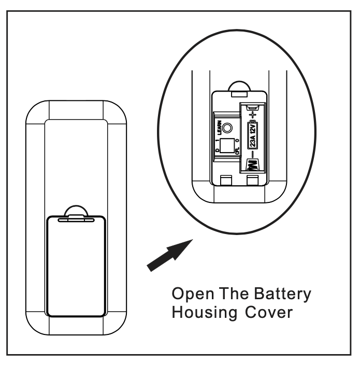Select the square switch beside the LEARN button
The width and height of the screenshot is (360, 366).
(226, 145)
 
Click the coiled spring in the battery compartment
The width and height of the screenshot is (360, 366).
(252, 166)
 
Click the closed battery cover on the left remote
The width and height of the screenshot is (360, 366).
(76, 266)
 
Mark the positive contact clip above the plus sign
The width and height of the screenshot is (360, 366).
(252, 107)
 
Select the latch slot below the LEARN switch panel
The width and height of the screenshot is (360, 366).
(225, 180)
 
